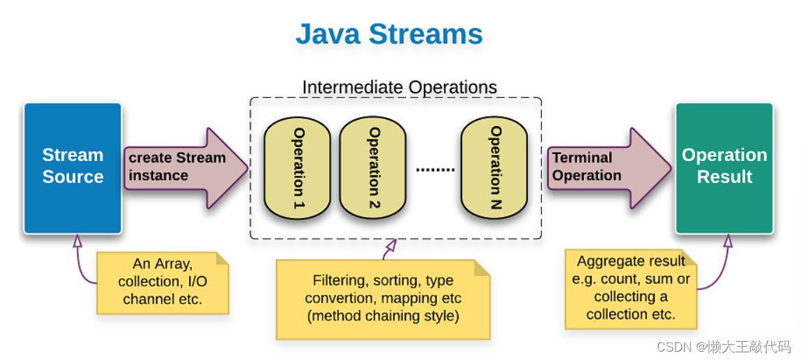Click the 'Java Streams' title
pyautogui.click(x=389, y=34)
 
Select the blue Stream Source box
pyautogui.click(x=72, y=167)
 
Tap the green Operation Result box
pyautogui.click(x=724, y=167)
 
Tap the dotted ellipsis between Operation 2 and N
pyautogui.click(x=435, y=169)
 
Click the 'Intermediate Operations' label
pyautogui.click(x=399, y=88)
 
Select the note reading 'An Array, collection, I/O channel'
pyautogui.click(x=162, y=282)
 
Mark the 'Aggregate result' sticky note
pyautogui.click(x=630, y=288)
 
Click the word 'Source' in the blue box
pyautogui.click(x=73, y=177)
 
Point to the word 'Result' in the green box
pyautogui.click(x=725, y=177)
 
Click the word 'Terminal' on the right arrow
pyautogui.click(x=582, y=158)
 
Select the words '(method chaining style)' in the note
pyautogui.click(x=383, y=317)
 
